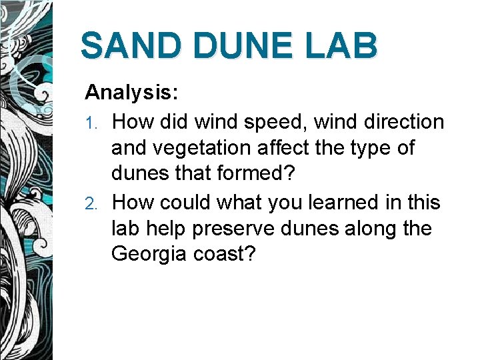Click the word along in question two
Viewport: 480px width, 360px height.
click(371, 229)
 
